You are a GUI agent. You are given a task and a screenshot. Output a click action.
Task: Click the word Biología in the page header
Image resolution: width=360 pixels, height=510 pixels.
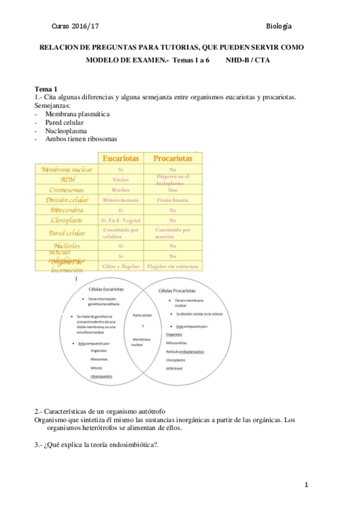[279, 26]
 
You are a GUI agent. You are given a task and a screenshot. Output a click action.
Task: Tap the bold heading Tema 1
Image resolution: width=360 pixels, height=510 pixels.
[46, 88]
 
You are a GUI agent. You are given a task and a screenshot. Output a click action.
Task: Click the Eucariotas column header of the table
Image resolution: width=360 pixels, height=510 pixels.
[121, 158]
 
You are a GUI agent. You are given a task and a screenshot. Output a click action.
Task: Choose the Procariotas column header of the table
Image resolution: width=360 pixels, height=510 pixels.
[172, 158]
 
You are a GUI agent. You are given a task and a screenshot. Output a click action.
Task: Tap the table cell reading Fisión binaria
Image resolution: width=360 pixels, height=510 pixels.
[172, 199]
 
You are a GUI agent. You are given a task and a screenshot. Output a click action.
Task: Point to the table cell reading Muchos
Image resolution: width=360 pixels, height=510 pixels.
[121, 189]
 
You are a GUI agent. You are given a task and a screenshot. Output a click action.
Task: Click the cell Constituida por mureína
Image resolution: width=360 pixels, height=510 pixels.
[172, 233]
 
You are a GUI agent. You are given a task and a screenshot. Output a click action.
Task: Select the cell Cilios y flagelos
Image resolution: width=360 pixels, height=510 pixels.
[121, 265]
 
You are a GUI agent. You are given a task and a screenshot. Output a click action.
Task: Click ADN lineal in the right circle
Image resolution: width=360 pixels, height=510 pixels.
[175, 368]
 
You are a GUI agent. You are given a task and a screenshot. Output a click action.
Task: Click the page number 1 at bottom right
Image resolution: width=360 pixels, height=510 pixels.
[306, 485]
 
